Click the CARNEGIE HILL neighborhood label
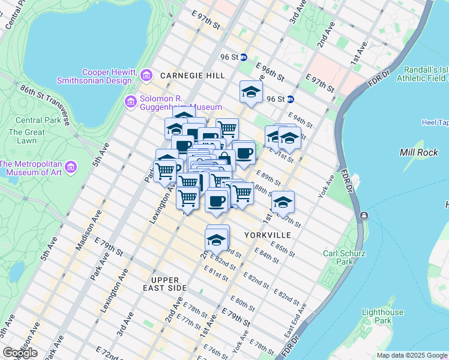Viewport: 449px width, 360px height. (x=192, y=76)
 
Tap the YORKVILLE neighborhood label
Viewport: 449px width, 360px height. (x=267, y=235)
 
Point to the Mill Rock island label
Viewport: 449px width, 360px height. (x=418, y=152)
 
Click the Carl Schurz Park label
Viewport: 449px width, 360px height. (x=339, y=257)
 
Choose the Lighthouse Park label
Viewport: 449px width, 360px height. (x=383, y=317)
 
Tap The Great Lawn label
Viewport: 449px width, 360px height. (x=26, y=136)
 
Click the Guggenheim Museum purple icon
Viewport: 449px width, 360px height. (x=130, y=102)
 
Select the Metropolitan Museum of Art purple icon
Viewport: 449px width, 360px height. (x=71, y=166)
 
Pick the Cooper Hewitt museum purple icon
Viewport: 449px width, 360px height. (x=146, y=76)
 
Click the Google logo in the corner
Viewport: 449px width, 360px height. (x=20, y=353)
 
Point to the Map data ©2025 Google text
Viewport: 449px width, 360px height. (x=411, y=355)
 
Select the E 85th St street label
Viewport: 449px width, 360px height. (x=283, y=249)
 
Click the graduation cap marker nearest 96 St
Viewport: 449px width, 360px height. (x=251, y=92)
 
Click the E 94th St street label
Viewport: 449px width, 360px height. (x=301, y=120)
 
